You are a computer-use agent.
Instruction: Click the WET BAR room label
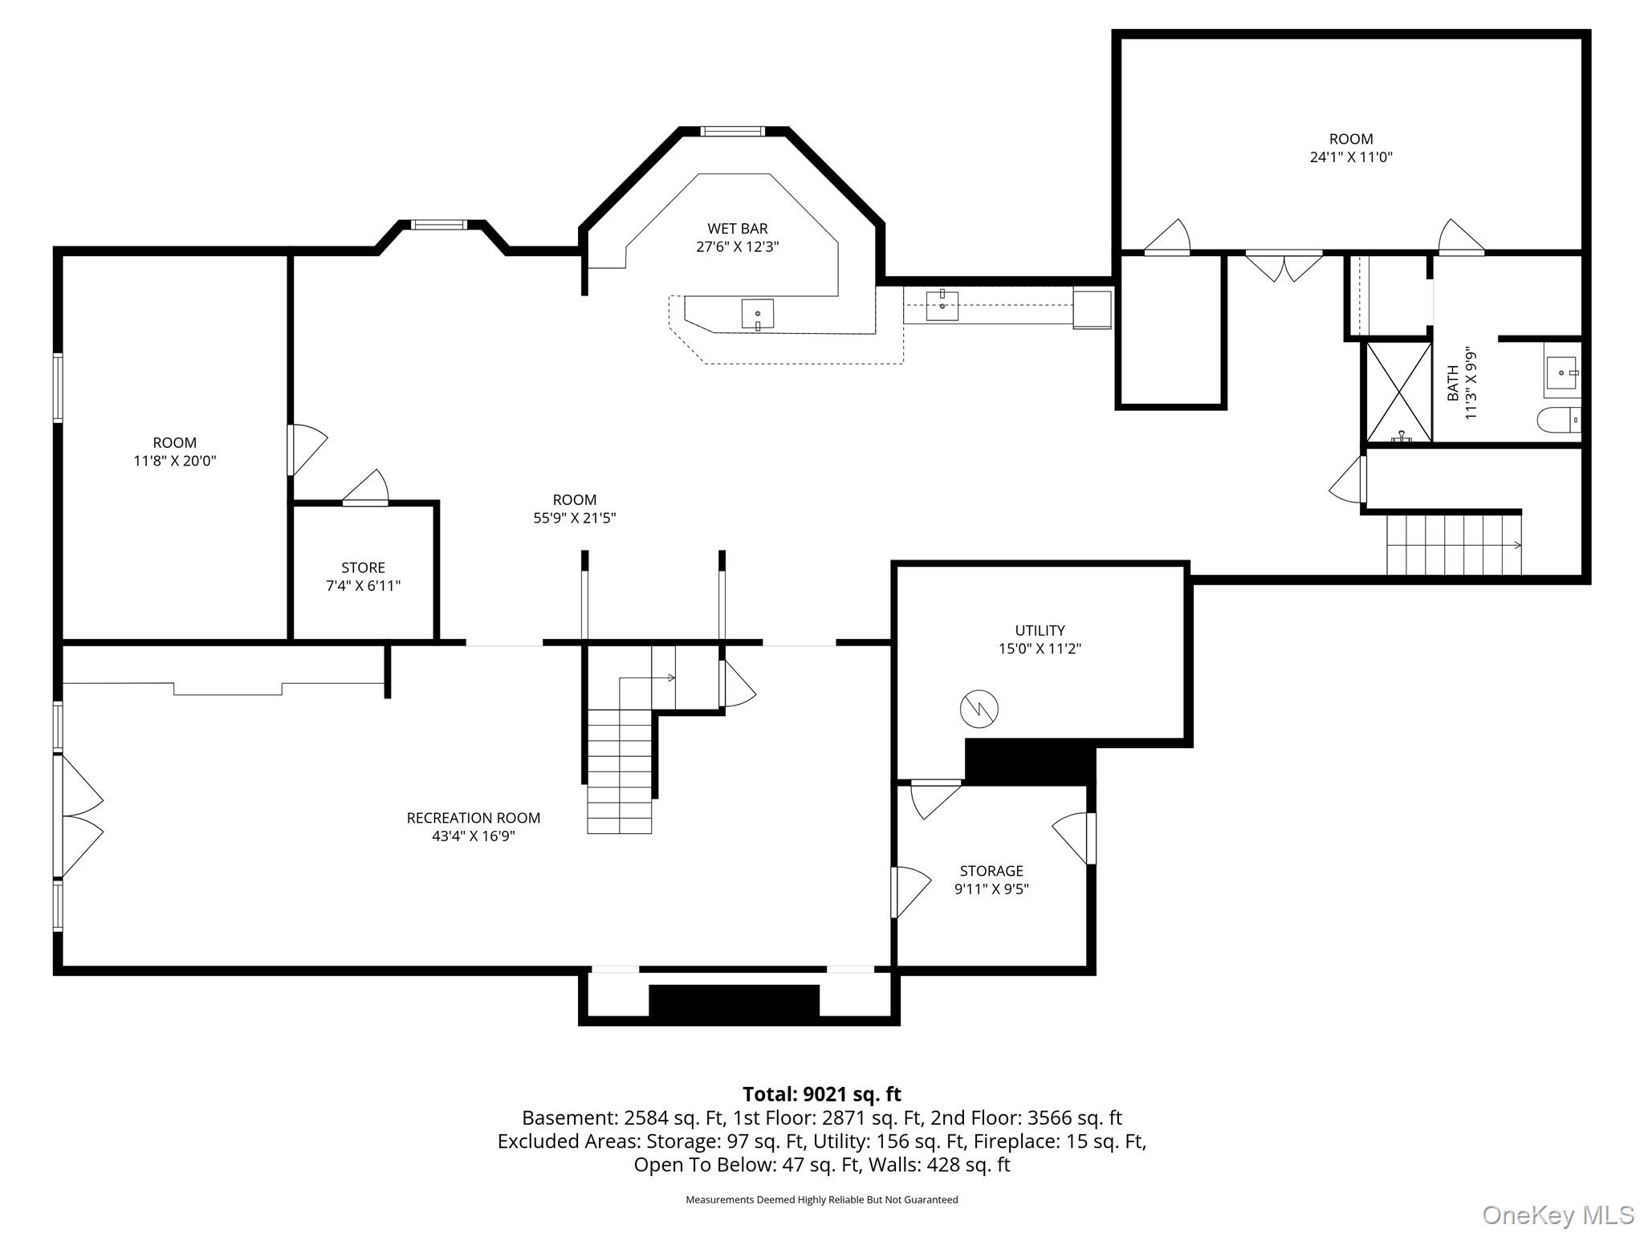(x=737, y=229)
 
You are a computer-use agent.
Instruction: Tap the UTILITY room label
(x=1040, y=630)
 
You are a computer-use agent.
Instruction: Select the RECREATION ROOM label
(x=473, y=818)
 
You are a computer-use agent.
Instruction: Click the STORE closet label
(x=363, y=568)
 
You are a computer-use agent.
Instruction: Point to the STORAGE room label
(x=991, y=871)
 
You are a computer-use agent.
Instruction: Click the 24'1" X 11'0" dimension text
(x=1351, y=157)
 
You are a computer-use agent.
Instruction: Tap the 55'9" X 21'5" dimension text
(x=575, y=519)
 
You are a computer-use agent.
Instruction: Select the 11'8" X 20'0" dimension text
(x=175, y=461)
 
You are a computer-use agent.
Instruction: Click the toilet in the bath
(x=1558, y=420)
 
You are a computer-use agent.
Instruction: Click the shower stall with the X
(x=1399, y=393)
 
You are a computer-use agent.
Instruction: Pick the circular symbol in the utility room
(x=979, y=709)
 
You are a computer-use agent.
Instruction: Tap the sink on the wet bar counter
(x=757, y=314)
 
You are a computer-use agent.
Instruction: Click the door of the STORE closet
(x=366, y=488)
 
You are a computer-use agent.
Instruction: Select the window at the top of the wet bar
(x=731, y=132)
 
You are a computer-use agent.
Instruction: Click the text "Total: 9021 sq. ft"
(x=821, y=1094)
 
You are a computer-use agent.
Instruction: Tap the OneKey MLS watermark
(x=1558, y=1215)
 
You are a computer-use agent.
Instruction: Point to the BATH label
(x=1452, y=384)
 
